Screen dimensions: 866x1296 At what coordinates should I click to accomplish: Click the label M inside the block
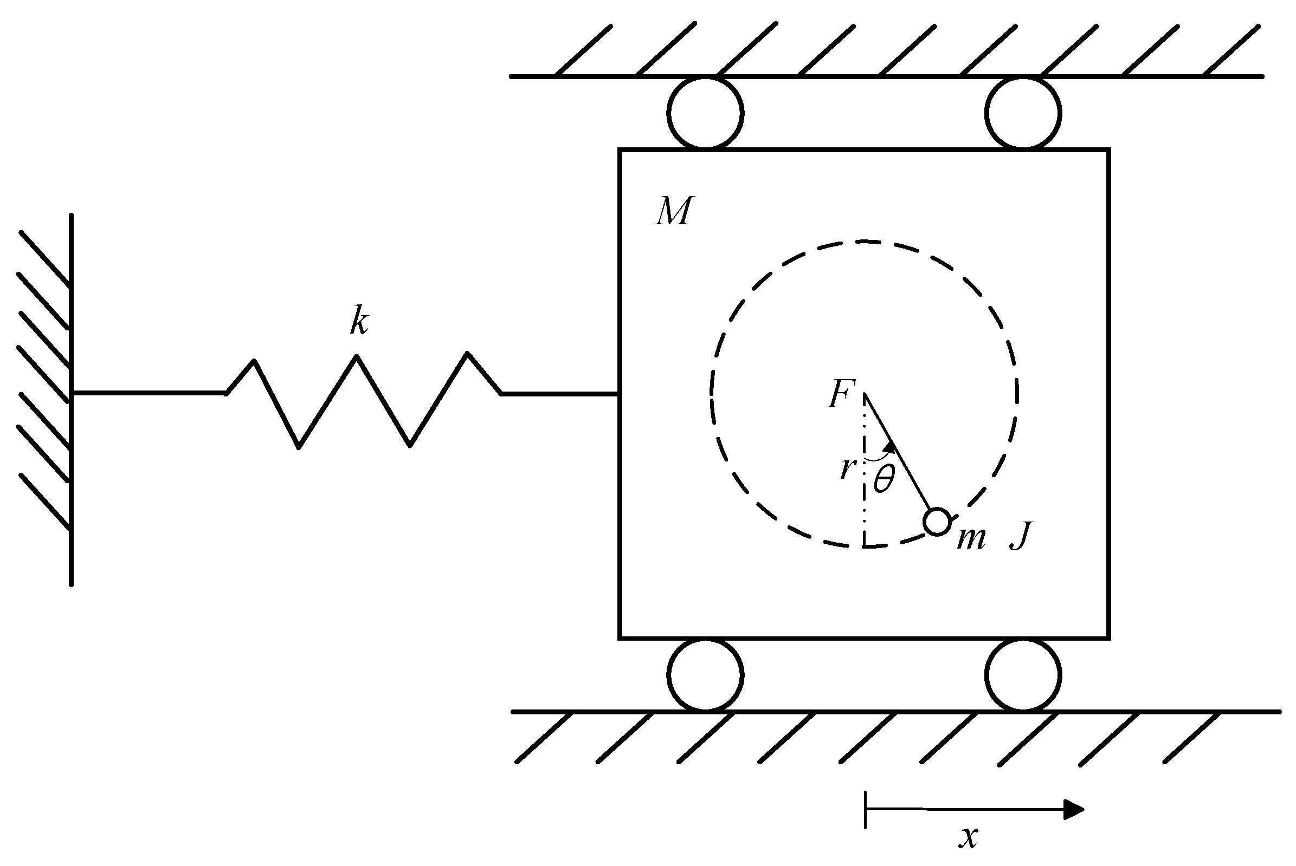673,211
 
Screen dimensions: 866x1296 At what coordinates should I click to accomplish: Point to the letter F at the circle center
841,394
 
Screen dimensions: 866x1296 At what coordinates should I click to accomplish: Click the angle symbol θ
883,478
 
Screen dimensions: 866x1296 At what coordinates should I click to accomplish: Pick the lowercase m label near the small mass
971,538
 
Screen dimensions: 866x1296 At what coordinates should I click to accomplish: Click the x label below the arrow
968,838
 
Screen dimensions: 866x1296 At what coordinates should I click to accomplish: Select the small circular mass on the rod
937,522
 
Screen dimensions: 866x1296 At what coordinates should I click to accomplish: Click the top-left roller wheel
705,113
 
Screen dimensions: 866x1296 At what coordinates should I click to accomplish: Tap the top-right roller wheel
1022,113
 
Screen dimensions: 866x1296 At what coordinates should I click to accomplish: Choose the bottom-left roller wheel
705,675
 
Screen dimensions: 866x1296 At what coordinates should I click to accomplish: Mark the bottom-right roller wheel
1022,675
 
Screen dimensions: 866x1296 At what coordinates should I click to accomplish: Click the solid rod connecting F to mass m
898,453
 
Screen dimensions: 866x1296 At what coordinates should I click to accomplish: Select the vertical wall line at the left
72,398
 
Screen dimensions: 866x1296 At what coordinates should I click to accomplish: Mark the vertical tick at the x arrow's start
866,809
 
